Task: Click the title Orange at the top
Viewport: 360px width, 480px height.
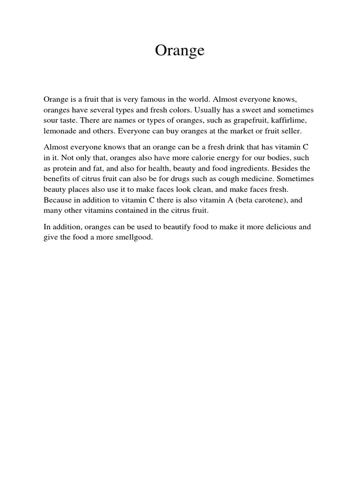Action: coord(180,51)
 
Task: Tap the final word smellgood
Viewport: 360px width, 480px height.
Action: coord(136,237)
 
